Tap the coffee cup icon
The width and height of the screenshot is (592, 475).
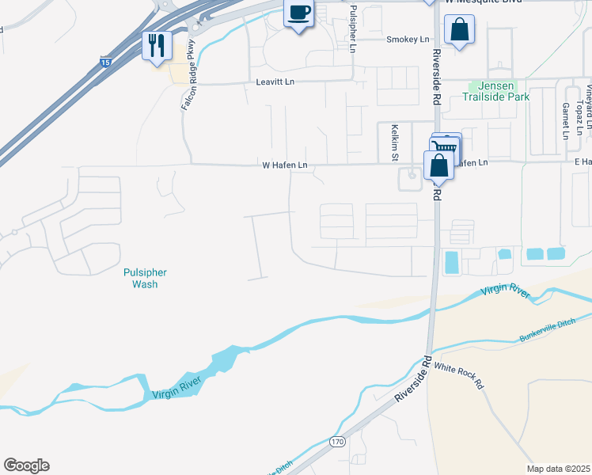(x=298, y=13)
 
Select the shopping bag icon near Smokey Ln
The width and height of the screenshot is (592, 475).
(x=459, y=32)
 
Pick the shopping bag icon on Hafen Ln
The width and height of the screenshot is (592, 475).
(x=438, y=165)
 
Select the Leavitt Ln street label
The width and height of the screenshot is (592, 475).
(x=275, y=82)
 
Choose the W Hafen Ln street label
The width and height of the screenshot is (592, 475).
(x=284, y=165)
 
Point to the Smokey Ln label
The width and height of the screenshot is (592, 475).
(x=407, y=40)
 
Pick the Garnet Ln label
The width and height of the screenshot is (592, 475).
(x=565, y=120)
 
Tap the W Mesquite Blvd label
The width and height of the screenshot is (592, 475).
(x=477, y=3)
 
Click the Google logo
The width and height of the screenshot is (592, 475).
(x=26, y=465)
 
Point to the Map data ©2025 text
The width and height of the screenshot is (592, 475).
(x=557, y=468)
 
